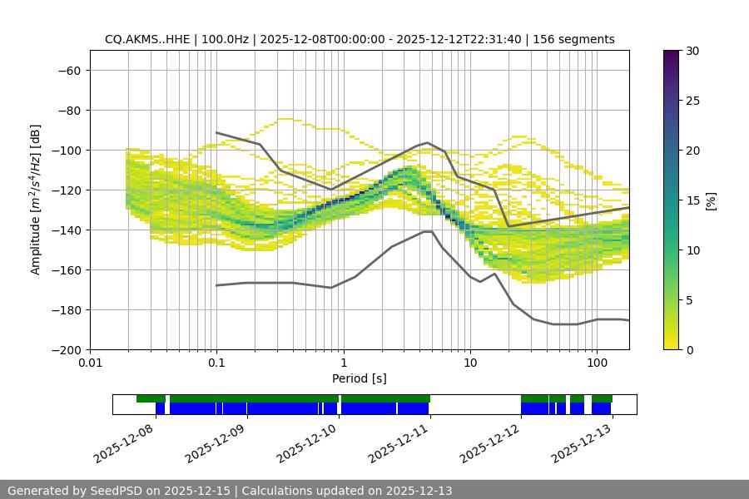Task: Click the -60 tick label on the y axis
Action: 67,71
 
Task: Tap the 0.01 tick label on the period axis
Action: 90,363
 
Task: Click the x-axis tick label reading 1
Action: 343,363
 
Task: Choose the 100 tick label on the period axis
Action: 596,363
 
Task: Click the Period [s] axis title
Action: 360,378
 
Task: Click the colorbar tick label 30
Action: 692,51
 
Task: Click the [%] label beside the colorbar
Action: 711,200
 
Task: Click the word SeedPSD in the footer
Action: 117,491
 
